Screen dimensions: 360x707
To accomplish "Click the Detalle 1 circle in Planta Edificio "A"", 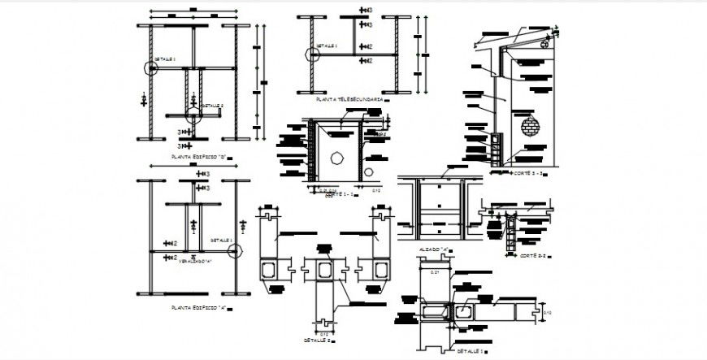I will [x=236, y=249].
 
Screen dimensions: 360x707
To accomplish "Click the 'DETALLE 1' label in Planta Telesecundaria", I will [x=326, y=46].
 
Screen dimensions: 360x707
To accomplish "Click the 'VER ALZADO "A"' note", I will [x=195, y=261].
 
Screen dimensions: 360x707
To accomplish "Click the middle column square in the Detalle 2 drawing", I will [x=325, y=270].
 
